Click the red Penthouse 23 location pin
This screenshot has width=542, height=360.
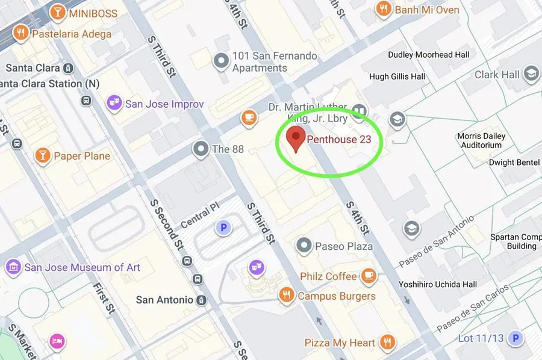(x=295, y=138)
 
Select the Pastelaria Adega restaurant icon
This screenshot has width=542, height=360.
(x=20, y=33)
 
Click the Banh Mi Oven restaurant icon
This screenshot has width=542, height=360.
(x=382, y=9)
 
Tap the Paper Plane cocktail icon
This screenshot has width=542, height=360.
(x=42, y=156)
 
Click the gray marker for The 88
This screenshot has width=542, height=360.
(x=200, y=148)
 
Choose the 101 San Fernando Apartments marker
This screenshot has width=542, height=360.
(x=222, y=60)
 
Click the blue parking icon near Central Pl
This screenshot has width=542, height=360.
(x=223, y=228)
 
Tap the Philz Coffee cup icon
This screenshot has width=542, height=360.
(x=368, y=276)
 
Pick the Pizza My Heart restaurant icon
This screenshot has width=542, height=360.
(x=388, y=343)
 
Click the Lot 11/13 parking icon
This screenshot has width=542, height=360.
(x=515, y=339)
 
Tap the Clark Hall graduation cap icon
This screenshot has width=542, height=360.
(x=531, y=74)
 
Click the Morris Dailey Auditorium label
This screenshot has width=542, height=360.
(x=481, y=140)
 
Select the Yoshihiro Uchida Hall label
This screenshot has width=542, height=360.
(x=438, y=284)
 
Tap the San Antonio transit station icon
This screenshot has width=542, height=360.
(x=202, y=300)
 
